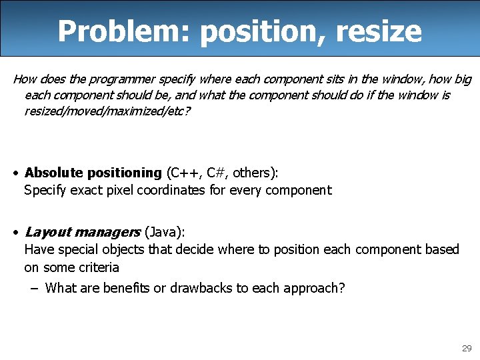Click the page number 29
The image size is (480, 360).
[466, 349]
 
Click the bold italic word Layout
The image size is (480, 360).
[47, 232]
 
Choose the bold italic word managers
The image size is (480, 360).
[107, 232]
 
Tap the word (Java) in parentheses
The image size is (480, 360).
[164, 232]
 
